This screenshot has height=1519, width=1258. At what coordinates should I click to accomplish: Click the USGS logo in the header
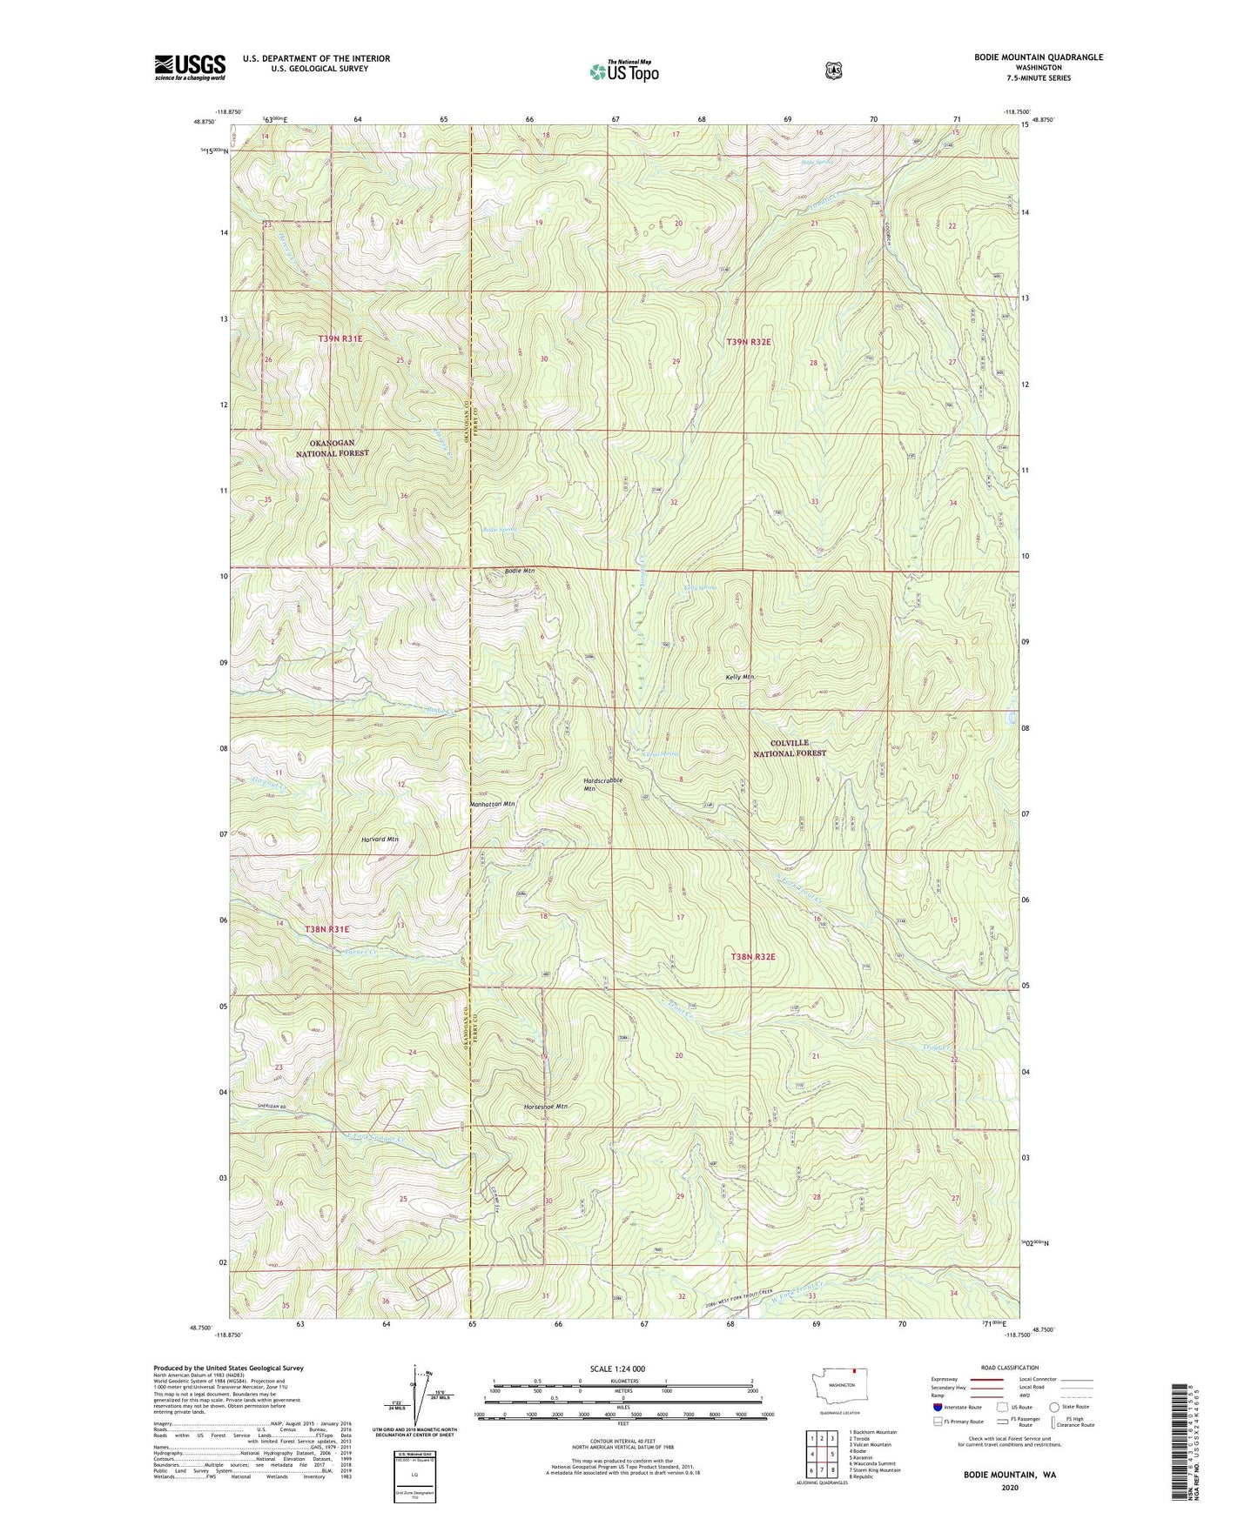[x=190, y=67]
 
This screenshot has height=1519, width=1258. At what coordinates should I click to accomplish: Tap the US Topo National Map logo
[x=622, y=70]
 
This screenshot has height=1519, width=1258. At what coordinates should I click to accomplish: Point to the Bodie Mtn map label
[x=520, y=571]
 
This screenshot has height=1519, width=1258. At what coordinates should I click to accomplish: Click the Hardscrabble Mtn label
[x=602, y=784]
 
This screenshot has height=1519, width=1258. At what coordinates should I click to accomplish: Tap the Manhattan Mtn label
[x=492, y=804]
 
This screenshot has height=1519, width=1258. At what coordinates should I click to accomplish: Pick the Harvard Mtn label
[x=380, y=840]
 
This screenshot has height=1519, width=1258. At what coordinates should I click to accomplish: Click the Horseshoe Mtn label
[x=546, y=1107]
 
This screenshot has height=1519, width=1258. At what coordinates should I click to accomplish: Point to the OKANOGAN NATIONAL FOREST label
[x=332, y=448]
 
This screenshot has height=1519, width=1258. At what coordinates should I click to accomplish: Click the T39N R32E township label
[x=750, y=343]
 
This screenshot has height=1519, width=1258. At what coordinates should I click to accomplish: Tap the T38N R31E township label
[x=327, y=929]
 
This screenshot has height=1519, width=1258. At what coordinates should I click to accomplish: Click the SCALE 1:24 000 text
[x=617, y=1368]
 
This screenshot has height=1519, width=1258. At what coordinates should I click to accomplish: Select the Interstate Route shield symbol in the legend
[x=937, y=1406]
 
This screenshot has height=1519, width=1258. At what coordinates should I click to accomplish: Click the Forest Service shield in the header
[x=833, y=70]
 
